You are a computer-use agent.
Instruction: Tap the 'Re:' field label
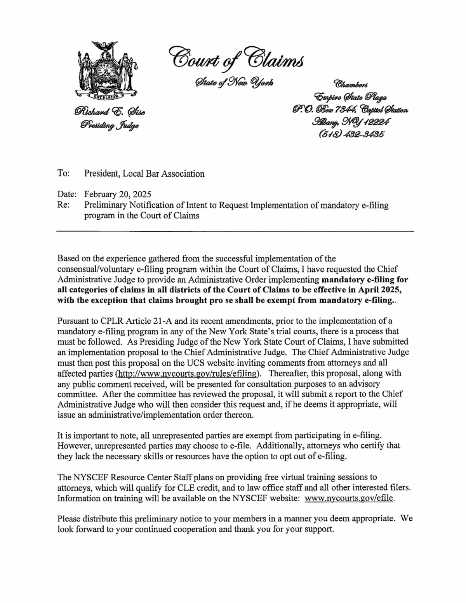click(63, 205)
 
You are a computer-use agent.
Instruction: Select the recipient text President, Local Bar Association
click(144, 174)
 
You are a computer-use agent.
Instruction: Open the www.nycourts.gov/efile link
click(350, 499)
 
